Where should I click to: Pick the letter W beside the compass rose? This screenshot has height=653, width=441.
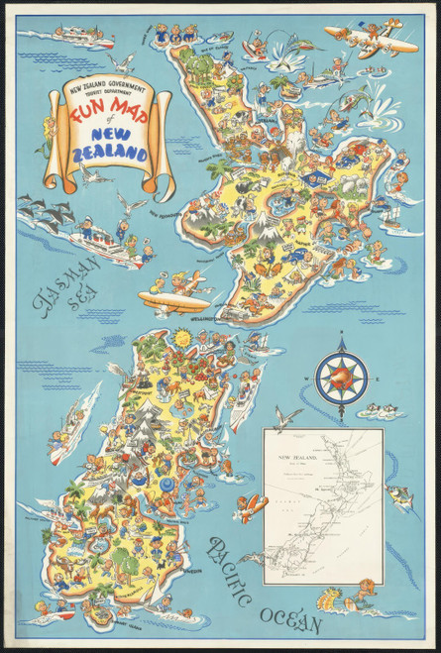click(x=307, y=379)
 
